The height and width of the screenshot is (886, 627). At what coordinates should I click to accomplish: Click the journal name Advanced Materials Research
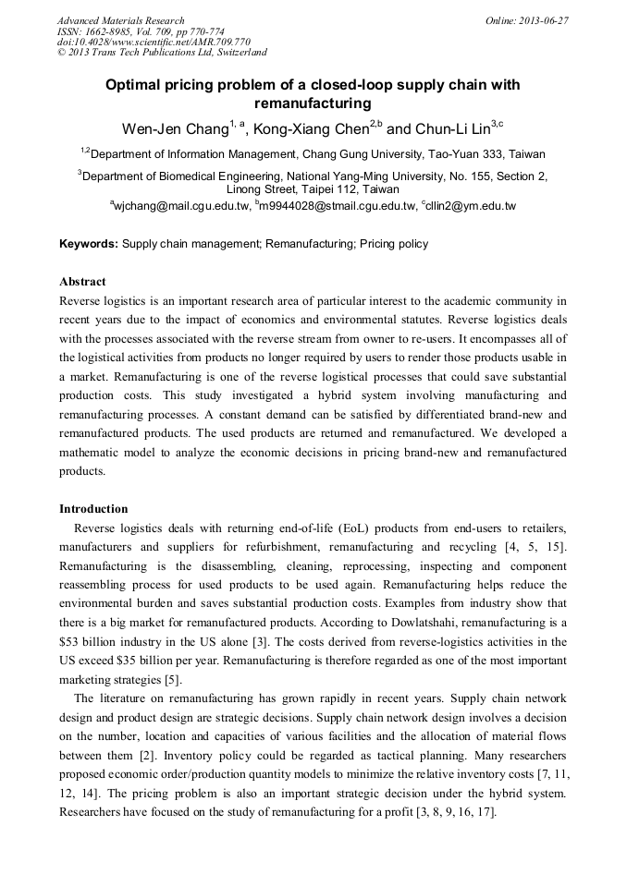120,20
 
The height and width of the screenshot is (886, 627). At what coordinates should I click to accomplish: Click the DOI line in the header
154,42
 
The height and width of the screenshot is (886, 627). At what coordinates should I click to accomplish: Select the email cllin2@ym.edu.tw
471,206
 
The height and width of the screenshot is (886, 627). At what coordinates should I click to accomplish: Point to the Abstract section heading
82,281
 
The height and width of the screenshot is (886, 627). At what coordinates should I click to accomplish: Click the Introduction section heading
93,509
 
